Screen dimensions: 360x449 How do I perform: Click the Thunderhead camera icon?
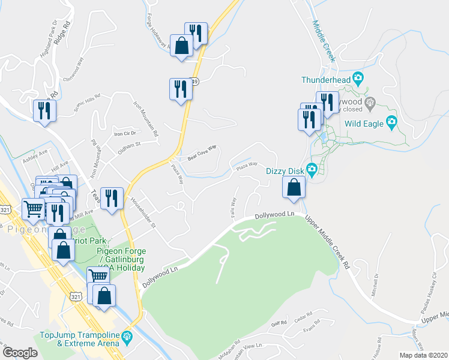click(x=358, y=78)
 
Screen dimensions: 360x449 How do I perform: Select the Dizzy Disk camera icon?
click(x=312, y=170)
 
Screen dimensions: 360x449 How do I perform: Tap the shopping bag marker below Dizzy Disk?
click(x=292, y=188)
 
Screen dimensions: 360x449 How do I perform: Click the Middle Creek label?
click(x=322, y=38)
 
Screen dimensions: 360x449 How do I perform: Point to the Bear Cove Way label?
click(x=202, y=153)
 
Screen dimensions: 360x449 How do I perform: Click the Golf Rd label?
click(x=280, y=323)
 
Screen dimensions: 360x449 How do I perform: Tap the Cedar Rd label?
click(x=305, y=316)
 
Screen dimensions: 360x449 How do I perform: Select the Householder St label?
click(x=143, y=214)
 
